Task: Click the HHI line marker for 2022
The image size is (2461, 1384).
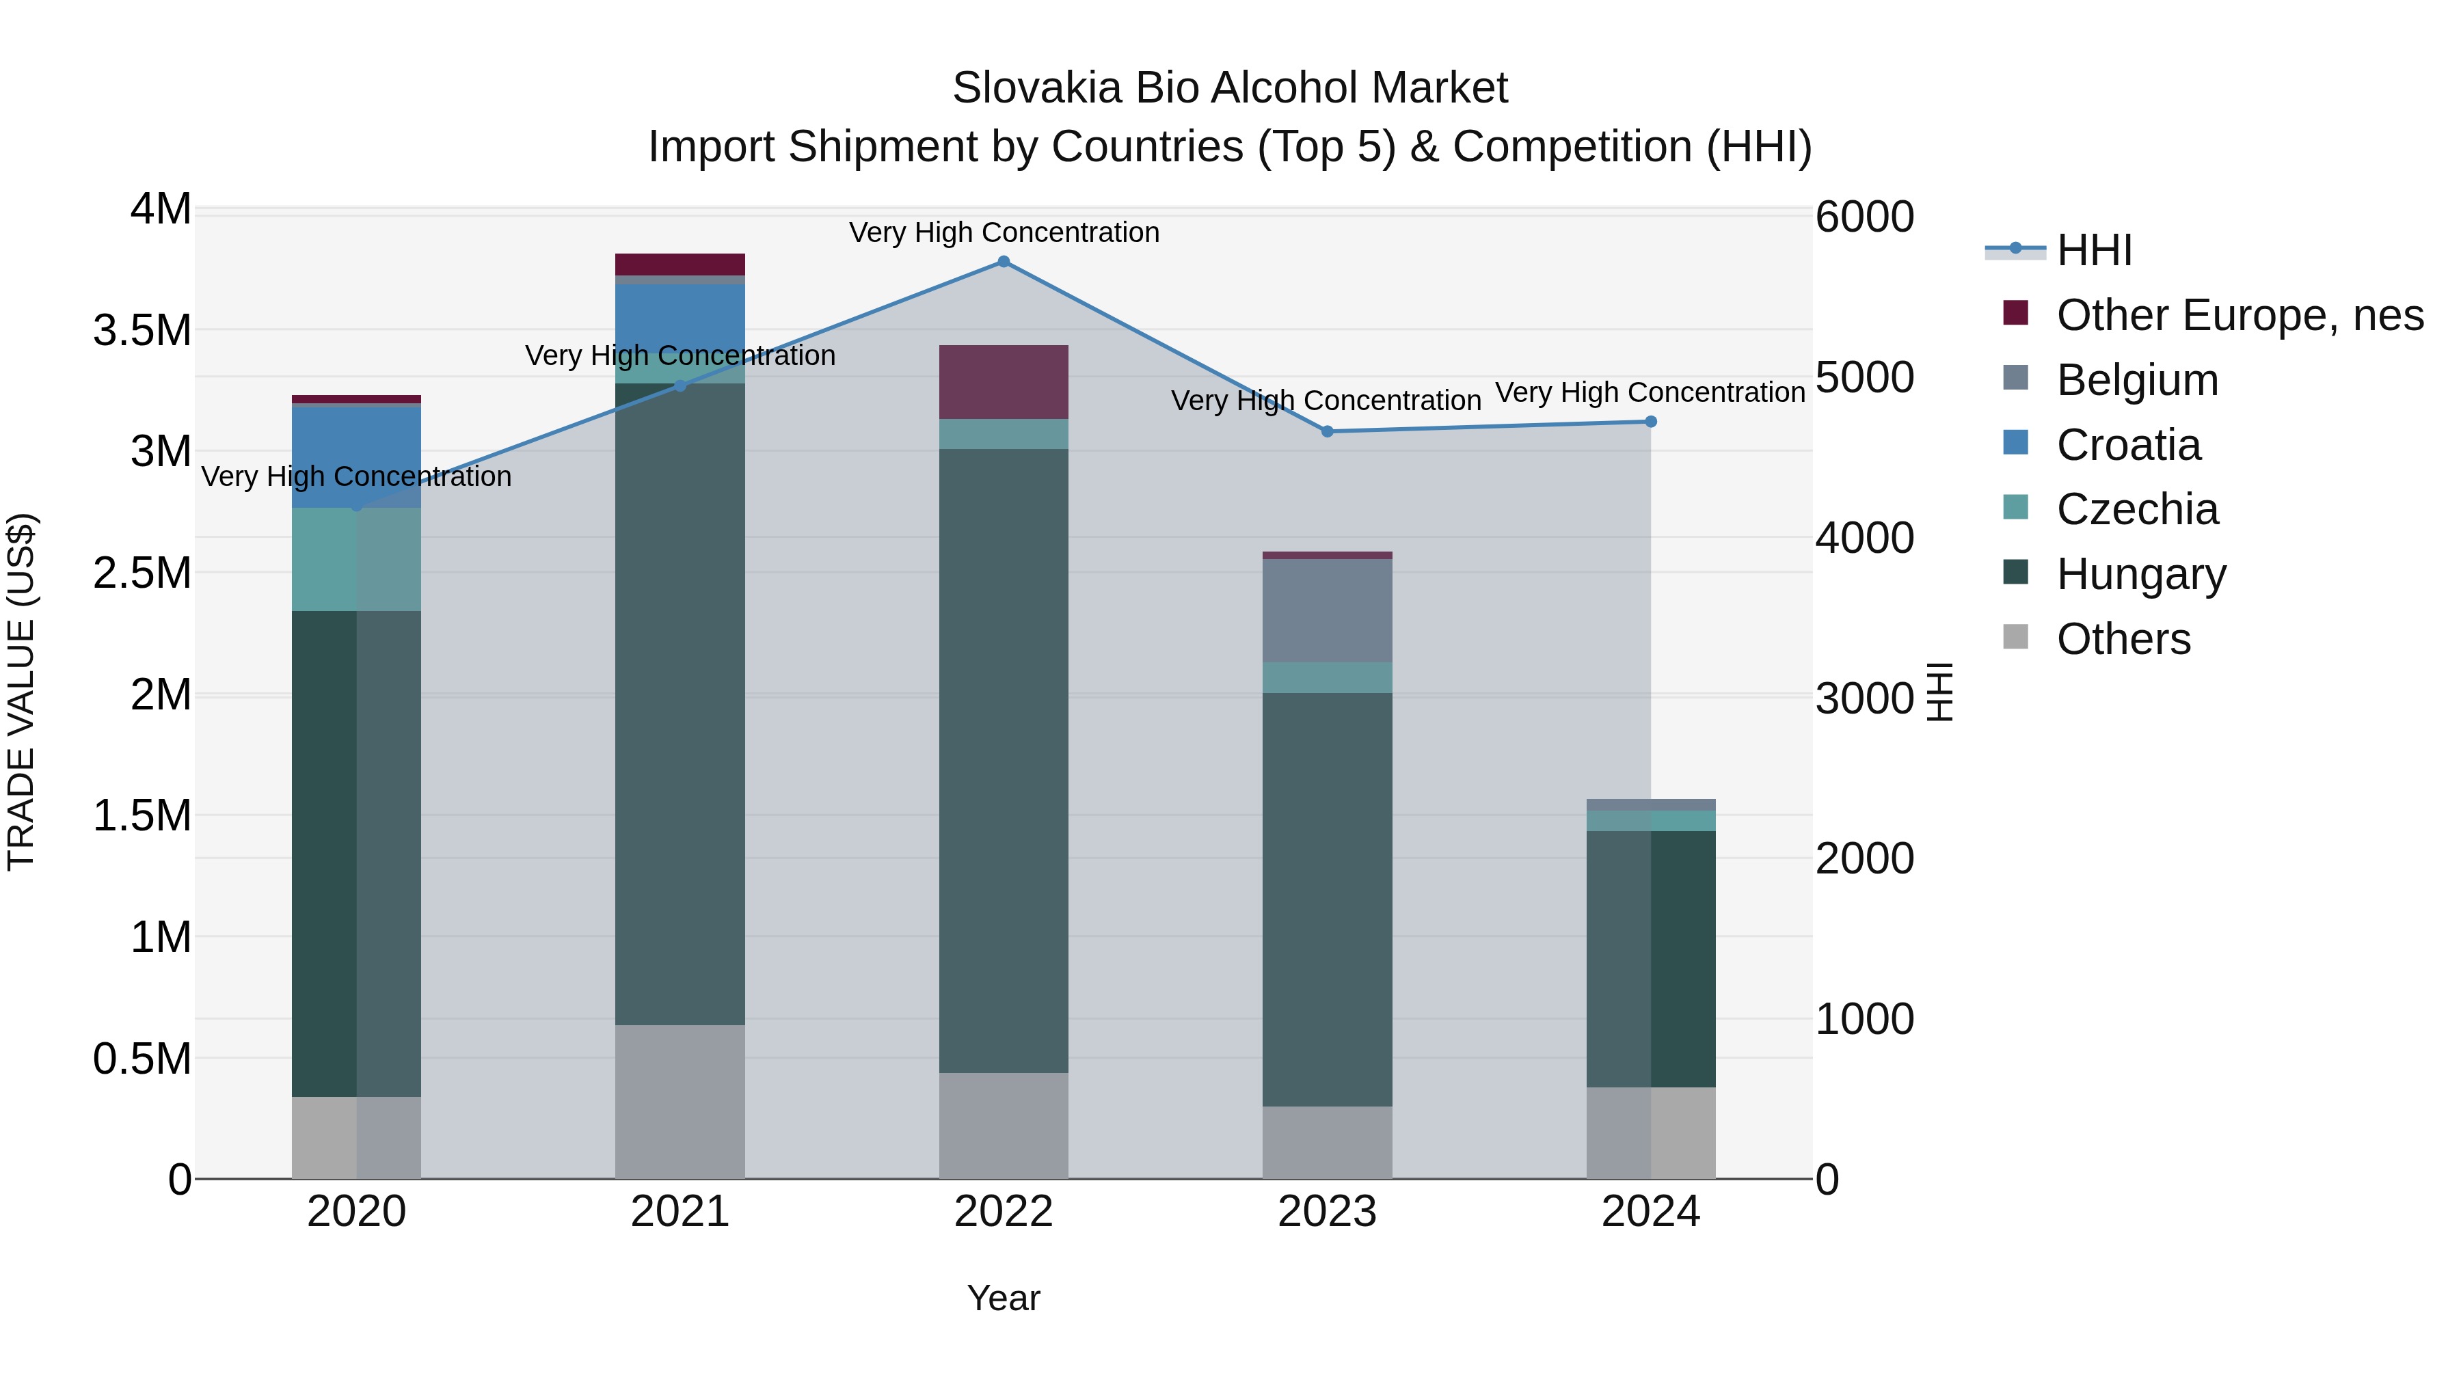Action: (1003, 262)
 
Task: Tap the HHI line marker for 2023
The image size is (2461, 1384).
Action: (1327, 432)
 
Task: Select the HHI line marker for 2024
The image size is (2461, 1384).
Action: (1650, 421)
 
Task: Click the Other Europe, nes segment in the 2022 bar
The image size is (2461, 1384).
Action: (1003, 382)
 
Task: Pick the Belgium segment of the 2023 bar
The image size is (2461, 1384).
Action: (1327, 611)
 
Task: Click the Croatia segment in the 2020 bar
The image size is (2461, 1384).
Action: (356, 457)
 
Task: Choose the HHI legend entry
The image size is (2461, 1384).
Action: (2094, 250)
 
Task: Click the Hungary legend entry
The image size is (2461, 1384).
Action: (2141, 574)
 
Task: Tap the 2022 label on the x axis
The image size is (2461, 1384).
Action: (1003, 1212)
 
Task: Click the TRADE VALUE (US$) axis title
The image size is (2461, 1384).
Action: (22, 692)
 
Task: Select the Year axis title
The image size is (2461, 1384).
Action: (1003, 1298)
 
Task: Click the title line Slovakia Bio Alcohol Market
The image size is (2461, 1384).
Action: (1230, 88)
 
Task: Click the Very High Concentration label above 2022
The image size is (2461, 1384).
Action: (1003, 232)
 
